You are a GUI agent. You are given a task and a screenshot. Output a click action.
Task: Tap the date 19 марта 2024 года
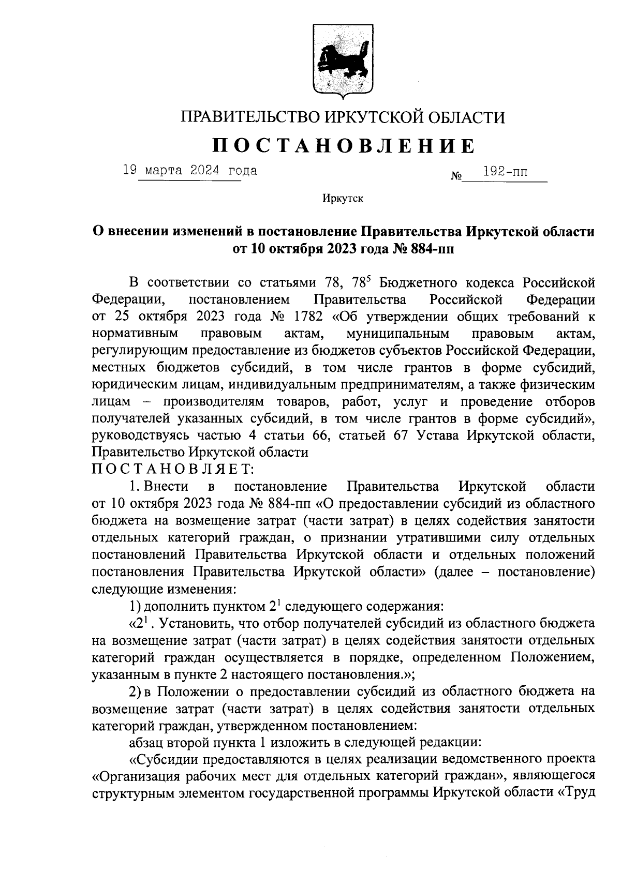click(190, 170)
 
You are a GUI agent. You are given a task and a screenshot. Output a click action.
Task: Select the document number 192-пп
click(505, 172)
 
